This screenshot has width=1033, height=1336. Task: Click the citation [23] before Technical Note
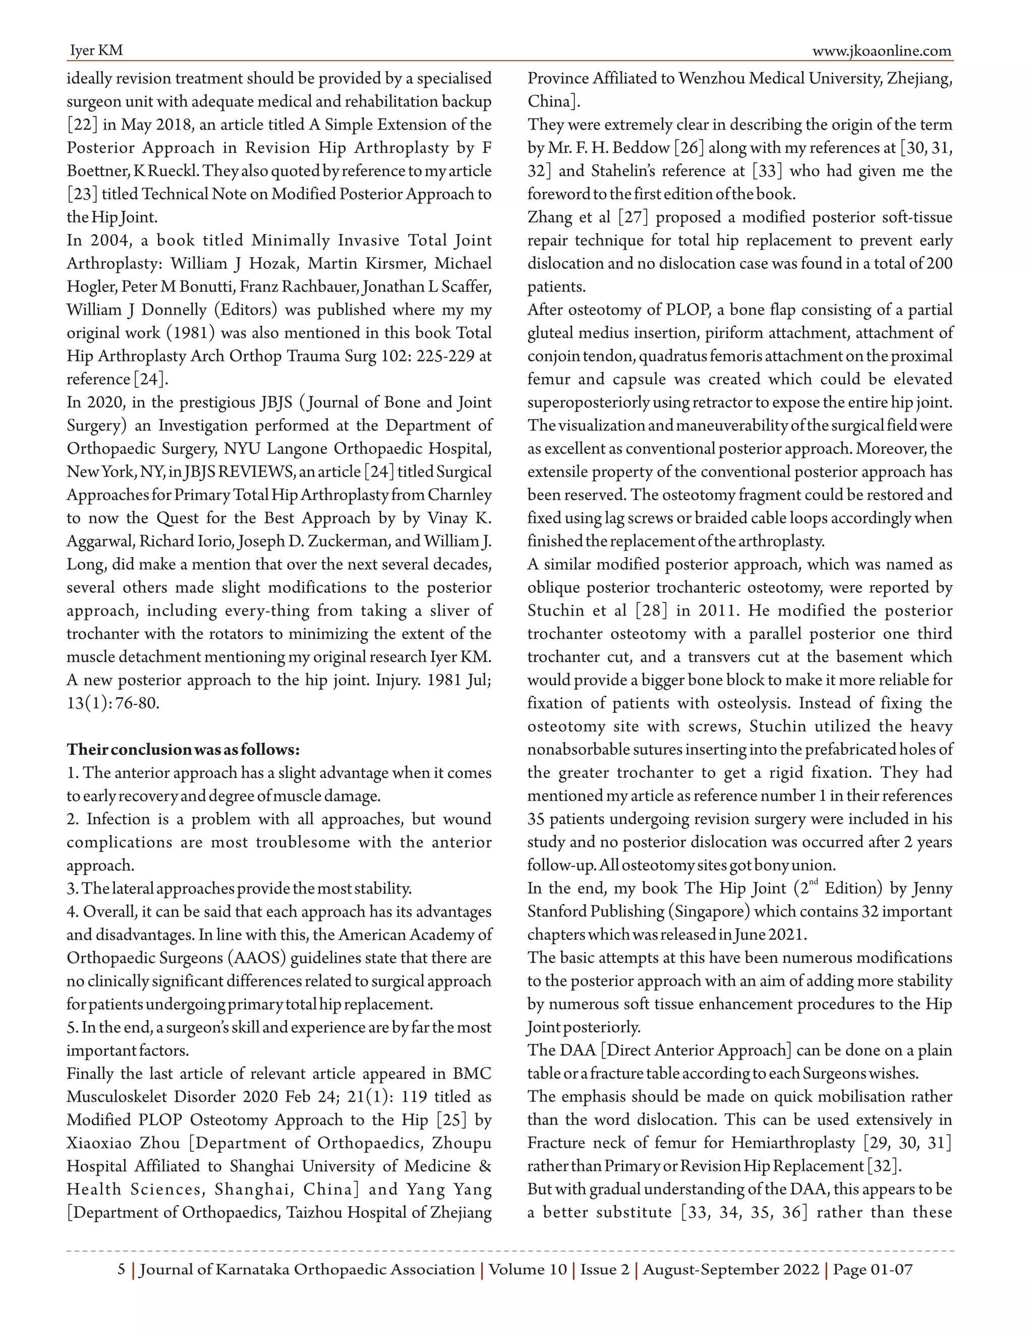click(x=82, y=194)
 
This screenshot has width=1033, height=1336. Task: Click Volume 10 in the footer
click(x=528, y=1269)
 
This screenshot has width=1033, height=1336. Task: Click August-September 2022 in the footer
click(x=731, y=1269)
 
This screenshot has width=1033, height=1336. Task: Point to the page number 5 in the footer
click(x=121, y=1269)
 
